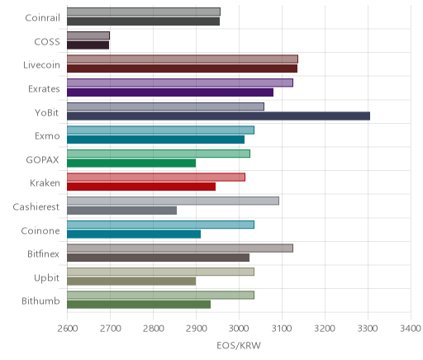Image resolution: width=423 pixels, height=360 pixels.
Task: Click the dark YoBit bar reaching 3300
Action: pyautogui.click(x=218, y=116)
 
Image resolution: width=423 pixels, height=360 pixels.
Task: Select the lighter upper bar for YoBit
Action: pyautogui.click(x=165, y=107)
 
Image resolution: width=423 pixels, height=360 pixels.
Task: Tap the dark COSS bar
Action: pyautogui.click(x=88, y=45)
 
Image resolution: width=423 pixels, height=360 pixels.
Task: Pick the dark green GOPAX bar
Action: pyautogui.click(x=131, y=163)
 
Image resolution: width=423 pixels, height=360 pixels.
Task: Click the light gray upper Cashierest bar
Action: pyautogui.click(x=173, y=201)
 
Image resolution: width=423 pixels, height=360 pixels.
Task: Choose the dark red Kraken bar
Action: pyautogui.click(x=141, y=187)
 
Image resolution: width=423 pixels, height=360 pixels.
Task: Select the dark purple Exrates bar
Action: pyautogui.click(x=170, y=92)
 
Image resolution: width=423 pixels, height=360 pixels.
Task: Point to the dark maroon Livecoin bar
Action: pyautogui.click(x=182, y=69)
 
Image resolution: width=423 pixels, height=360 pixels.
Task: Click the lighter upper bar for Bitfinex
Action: pyautogui.click(x=180, y=249)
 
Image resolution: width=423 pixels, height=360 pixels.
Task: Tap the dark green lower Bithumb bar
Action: pyautogui.click(x=139, y=305)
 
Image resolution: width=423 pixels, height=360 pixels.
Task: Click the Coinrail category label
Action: pyautogui.click(x=42, y=18)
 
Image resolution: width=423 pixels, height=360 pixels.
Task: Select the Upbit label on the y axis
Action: pyautogui.click(x=46, y=278)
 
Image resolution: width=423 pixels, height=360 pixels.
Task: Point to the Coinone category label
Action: pyautogui.click(x=40, y=230)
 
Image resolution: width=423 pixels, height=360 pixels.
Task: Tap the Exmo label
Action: pyautogui.click(x=47, y=136)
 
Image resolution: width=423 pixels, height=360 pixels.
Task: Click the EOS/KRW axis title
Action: pyautogui.click(x=239, y=346)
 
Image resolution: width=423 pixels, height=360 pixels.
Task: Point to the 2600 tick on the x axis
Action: pyautogui.click(x=68, y=329)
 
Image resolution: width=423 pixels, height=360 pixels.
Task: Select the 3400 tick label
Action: pyautogui.click(x=411, y=329)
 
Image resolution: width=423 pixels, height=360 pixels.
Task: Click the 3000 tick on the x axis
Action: pyautogui.click(x=239, y=329)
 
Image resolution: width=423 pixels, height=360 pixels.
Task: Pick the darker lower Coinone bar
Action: pyautogui.click(x=134, y=234)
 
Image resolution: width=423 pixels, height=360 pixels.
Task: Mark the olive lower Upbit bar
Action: pyautogui.click(x=131, y=282)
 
